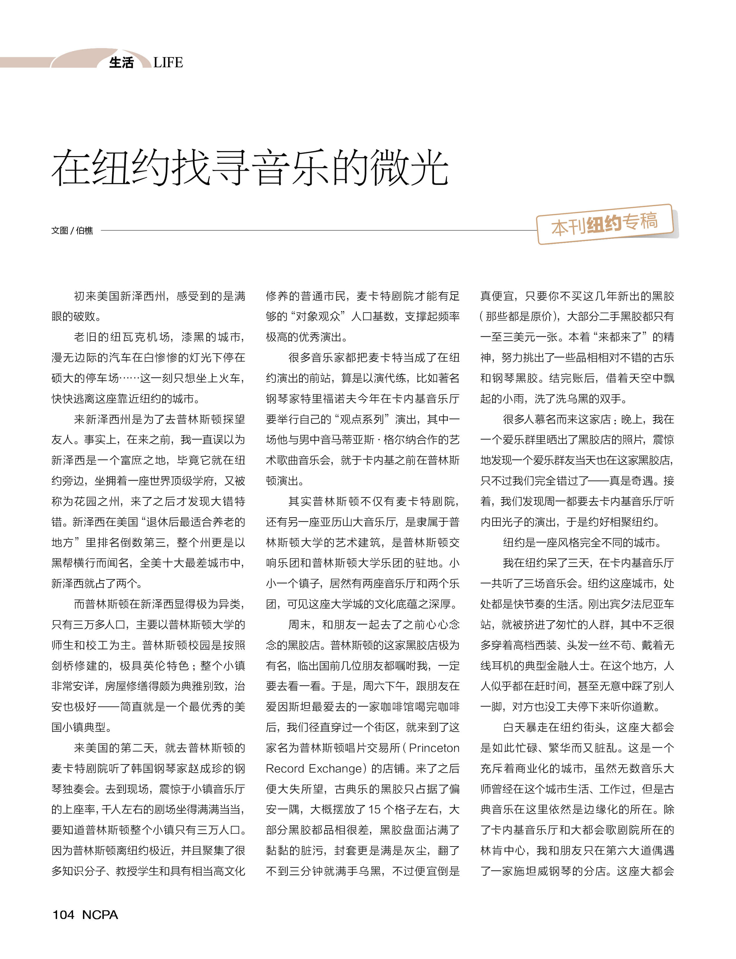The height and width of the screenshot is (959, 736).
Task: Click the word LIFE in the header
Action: point(168,63)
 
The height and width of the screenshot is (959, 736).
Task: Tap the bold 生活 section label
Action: point(121,63)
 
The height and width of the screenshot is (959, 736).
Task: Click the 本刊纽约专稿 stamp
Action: point(605,224)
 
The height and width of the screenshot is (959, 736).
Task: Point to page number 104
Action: point(63,915)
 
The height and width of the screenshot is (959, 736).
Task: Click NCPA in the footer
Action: point(100,915)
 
